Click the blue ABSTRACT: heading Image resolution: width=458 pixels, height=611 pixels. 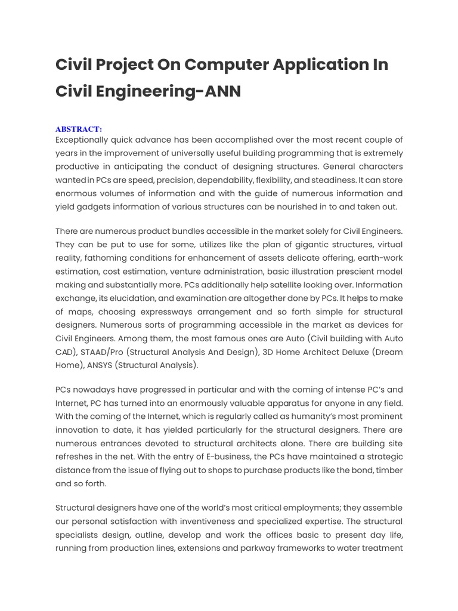click(x=79, y=129)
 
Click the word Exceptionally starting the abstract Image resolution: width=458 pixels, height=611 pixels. click(x=85, y=140)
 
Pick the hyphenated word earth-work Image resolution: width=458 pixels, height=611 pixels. click(x=380, y=258)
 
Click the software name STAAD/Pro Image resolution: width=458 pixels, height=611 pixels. click(x=105, y=352)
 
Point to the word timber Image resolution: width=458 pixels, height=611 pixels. click(x=387, y=470)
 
